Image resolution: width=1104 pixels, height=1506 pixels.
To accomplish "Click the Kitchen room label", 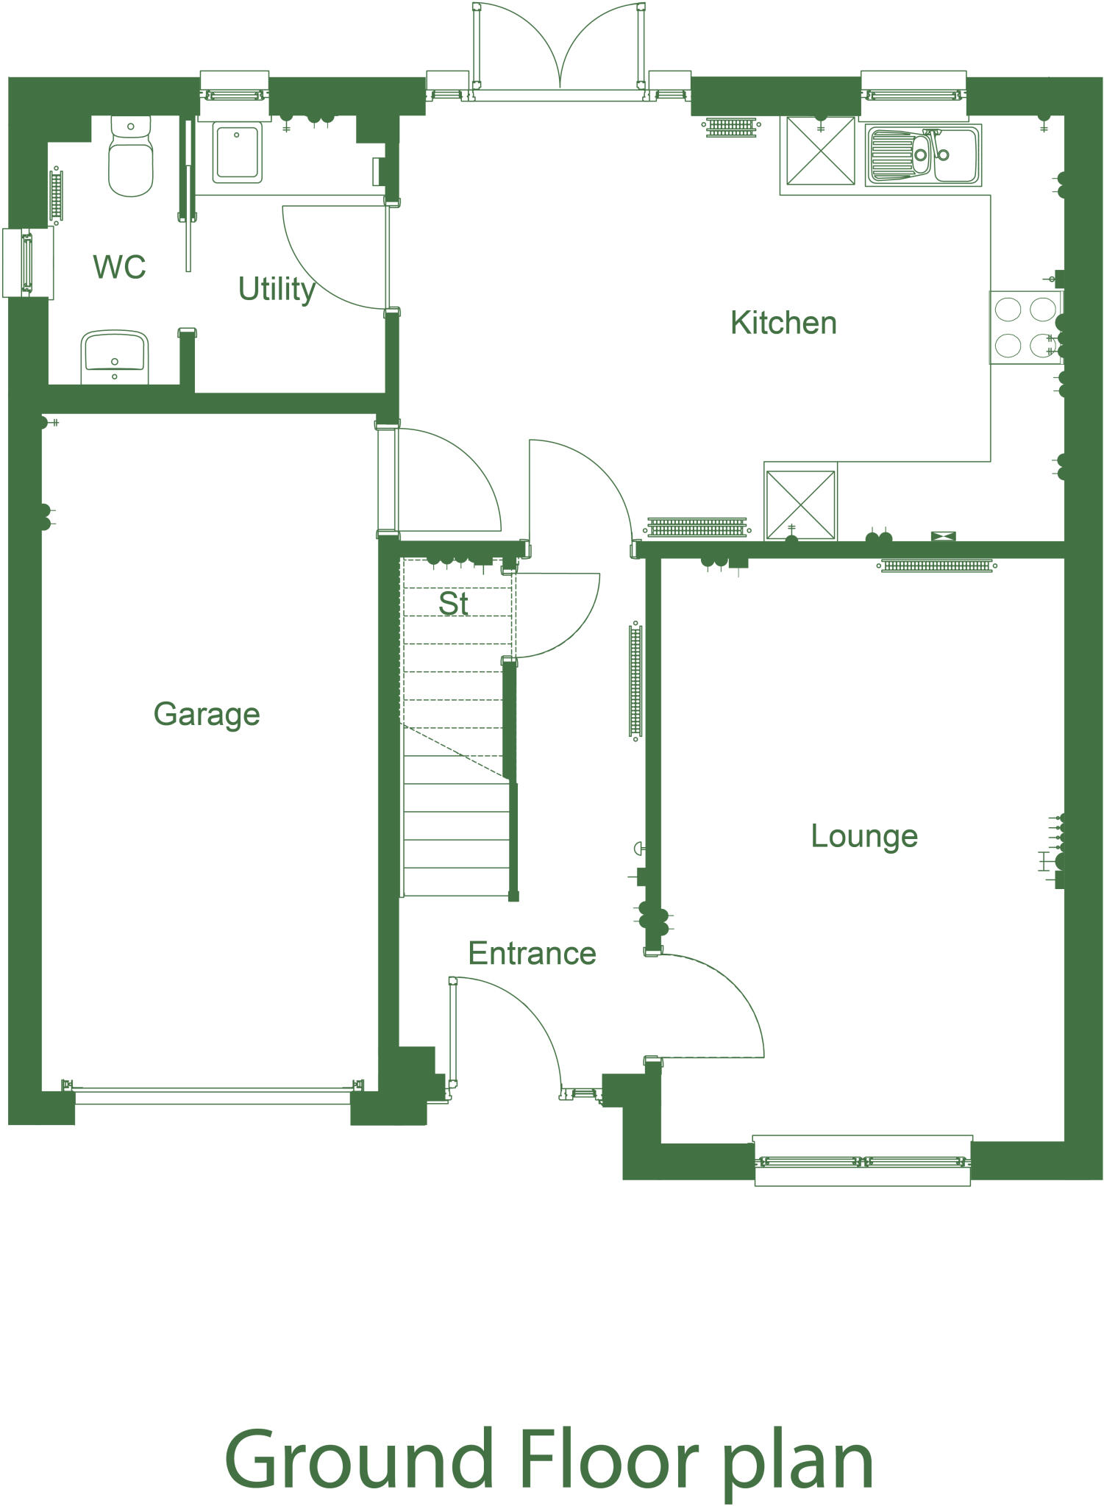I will point(783,323).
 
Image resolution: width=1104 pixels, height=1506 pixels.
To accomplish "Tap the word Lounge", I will point(864,836).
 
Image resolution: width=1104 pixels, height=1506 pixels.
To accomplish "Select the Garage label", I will point(207,714).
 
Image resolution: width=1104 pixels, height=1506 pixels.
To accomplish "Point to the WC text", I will point(119,267).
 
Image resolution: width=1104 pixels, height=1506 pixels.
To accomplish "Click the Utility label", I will point(277,289).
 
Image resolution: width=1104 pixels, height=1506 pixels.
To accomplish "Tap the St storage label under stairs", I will point(453,604).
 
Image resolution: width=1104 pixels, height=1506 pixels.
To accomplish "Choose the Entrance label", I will point(532,954).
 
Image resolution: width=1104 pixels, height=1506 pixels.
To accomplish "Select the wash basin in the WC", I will point(115,356).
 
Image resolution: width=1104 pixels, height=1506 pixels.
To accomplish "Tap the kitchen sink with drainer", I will point(923,154).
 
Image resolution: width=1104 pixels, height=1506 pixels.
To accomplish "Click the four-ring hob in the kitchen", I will point(1025,327).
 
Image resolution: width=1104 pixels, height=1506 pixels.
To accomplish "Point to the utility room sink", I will point(237,152).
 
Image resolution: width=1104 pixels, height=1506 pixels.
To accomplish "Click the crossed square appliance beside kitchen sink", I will point(820,151).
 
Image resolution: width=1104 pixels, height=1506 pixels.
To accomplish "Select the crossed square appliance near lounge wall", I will point(800,504).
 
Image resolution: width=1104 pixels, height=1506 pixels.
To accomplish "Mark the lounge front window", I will point(862,1162).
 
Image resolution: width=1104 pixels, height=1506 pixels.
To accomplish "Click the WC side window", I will point(27,263).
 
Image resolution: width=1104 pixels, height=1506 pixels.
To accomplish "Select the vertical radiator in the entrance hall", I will point(635,680).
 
